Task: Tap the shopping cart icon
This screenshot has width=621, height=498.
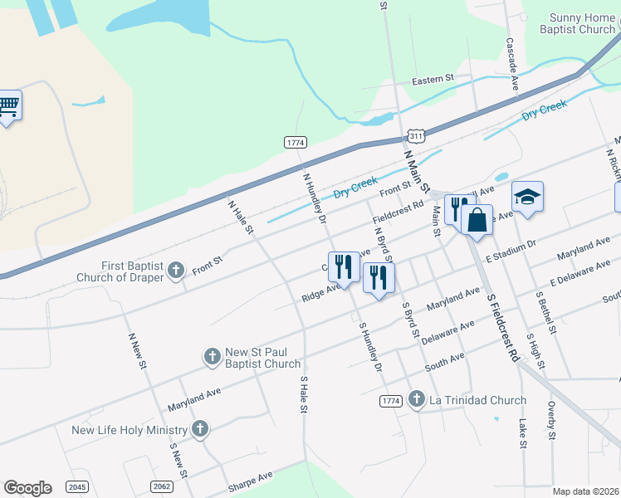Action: pos(8,105)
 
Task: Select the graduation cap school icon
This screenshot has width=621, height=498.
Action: pos(527,197)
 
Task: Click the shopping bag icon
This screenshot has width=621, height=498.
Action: pos(477,220)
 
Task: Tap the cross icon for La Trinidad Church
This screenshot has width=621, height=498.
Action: pos(416,400)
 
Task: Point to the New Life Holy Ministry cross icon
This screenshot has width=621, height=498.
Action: pos(199,429)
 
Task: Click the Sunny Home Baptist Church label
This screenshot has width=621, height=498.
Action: pos(584,23)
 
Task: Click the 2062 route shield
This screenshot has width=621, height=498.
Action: pos(164,486)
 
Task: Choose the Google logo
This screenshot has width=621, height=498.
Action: pos(27,488)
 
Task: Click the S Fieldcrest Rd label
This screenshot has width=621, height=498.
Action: pos(503,325)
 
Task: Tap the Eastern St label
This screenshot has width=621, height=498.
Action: pos(433,80)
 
